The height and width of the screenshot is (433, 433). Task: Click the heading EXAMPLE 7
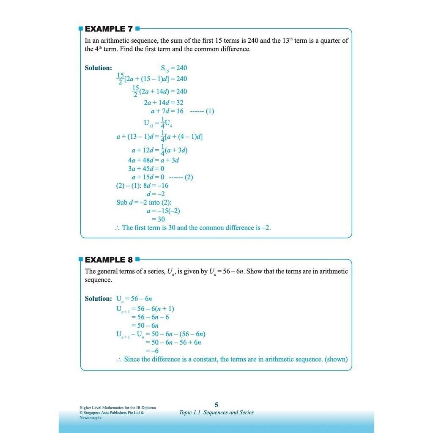click(109, 29)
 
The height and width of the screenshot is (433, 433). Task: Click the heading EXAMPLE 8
click(109, 260)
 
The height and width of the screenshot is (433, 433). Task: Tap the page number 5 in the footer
click(216, 405)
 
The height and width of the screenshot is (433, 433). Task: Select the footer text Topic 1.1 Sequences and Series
click(216, 412)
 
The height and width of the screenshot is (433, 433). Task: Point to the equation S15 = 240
click(174, 68)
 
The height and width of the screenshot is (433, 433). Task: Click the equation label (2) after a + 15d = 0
click(189, 177)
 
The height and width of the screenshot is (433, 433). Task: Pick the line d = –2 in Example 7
click(156, 194)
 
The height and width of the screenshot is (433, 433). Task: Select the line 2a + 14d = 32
click(163, 102)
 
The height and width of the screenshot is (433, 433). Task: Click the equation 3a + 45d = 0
click(146, 169)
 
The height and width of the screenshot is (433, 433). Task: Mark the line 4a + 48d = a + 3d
click(153, 160)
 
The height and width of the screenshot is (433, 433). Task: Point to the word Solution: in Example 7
click(99, 68)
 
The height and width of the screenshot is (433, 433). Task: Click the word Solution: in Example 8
click(99, 299)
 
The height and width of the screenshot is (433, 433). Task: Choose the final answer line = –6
click(152, 351)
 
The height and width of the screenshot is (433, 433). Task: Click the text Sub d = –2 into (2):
click(144, 202)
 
